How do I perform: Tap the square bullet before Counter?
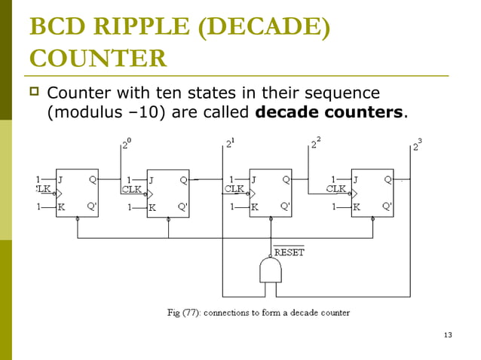tap(34, 93)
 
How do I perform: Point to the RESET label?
tap(289, 252)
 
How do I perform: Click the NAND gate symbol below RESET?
tap(271, 270)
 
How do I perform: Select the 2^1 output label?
tap(230, 143)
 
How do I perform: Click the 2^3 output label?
tap(417, 145)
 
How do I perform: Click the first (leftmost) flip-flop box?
tap(77, 192)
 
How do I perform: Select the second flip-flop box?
tap(168, 194)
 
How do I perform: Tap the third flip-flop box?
tap(270, 192)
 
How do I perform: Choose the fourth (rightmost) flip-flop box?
tap(372, 192)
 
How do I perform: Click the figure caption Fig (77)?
tap(258, 313)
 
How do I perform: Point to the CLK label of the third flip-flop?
tap(234, 189)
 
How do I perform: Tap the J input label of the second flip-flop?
tap(152, 180)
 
